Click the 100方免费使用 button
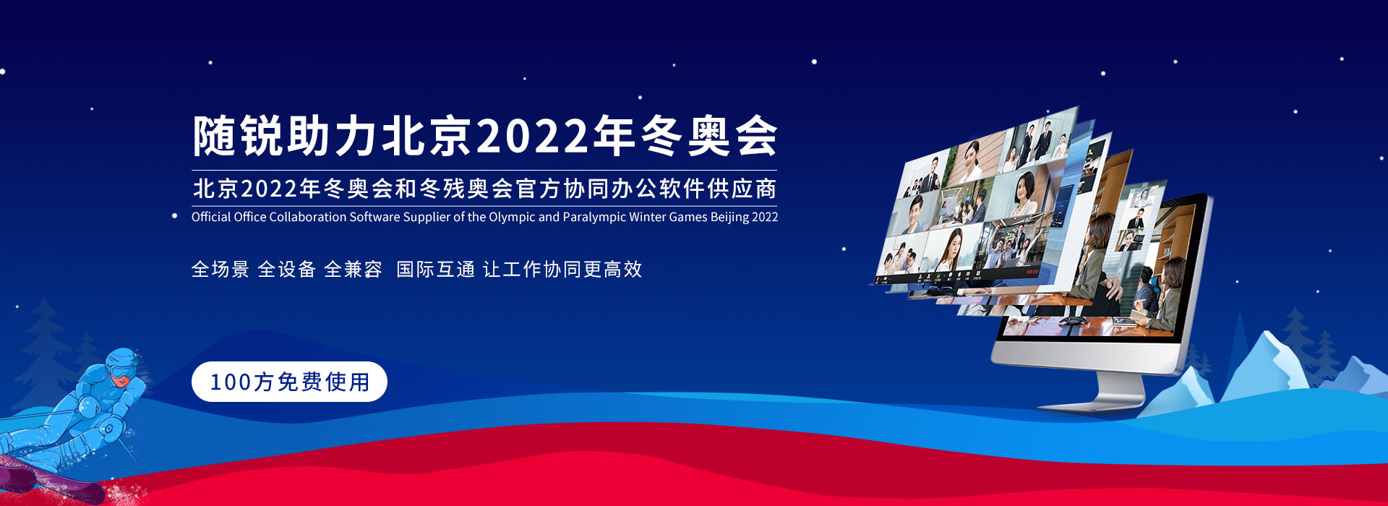[289, 382]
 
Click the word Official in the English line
[211, 217]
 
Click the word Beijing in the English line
[729, 217]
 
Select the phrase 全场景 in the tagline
[220, 270]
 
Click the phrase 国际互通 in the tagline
[436, 270]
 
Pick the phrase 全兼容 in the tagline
[354, 270]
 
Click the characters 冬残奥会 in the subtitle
[466, 189]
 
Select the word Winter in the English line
[647, 217]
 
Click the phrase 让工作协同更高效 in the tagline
[562, 270]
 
